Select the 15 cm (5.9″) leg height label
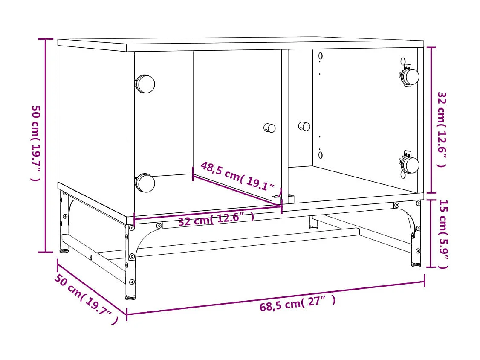pyautogui.click(x=443, y=234)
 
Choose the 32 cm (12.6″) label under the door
pyautogui.click(x=216, y=219)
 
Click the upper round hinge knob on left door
pyautogui.click(x=145, y=84)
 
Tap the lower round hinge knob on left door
pyautogui.click(x=145, y=183)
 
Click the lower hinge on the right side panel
pyautogui.click(x=410, y=165)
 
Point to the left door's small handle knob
pyautogui.click(x=269, y=128)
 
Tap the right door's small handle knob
pyautogui.click(x=304, y=126)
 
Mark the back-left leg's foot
pyautogui.click(x=64, y=250)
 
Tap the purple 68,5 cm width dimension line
pyautogui.click(x=275, y=297)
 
